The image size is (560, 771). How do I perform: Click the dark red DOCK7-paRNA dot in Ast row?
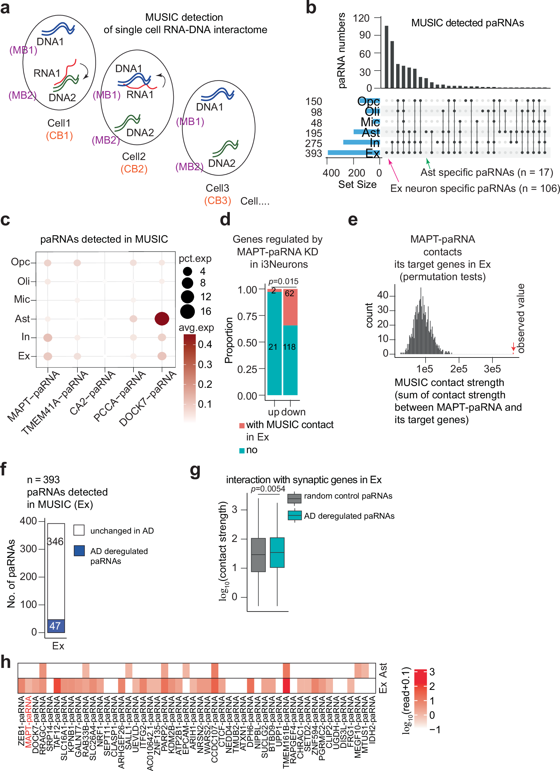[x=162, y=318]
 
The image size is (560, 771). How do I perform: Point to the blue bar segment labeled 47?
[x=56, y=626]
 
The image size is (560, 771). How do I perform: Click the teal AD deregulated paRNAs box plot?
[x=277, y=552]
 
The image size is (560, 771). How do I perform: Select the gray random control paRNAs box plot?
[x=258, y=555]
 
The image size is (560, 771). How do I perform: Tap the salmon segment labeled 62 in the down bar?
[x=290, y=308]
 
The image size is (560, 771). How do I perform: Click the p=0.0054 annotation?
[x=268, y=489]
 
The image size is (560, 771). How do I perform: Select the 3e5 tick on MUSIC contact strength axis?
[x=492, y=369]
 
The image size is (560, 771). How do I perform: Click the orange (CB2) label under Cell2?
[x=134, y=169]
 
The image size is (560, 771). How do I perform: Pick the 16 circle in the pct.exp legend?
[x=187, y=311]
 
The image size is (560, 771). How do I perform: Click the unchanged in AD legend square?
[x=79, y=530]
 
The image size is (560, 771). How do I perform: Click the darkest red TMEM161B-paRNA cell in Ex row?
[x=286, y=685]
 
